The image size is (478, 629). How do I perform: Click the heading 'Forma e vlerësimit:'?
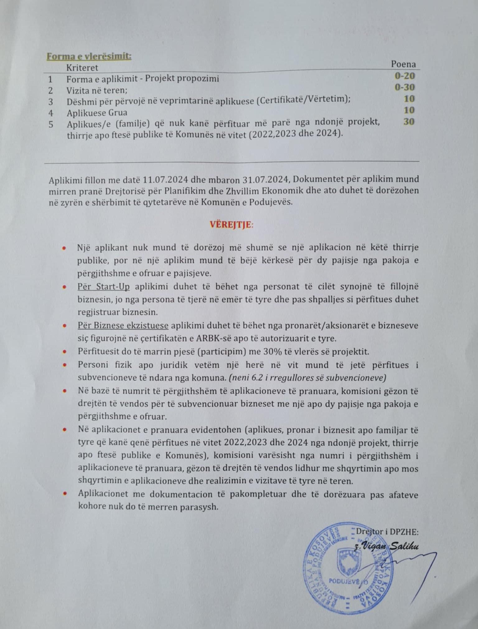click(89, 57)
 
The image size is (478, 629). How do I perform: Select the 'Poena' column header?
click(403, 64)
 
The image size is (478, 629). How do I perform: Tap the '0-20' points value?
click(405, 76)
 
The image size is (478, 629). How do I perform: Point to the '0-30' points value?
click(405, 87)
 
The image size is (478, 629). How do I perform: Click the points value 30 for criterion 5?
click(409, 122)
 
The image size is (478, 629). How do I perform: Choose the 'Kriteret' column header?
click(82, 68)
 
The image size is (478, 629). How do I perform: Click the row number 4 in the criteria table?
click(51, 113)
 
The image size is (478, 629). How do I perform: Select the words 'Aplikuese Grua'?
click(97, 113)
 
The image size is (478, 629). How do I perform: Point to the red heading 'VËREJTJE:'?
click(232, 225)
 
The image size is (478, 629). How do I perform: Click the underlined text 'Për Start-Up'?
click(104, 286)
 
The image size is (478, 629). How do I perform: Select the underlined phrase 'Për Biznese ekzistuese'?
click(123, 326)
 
